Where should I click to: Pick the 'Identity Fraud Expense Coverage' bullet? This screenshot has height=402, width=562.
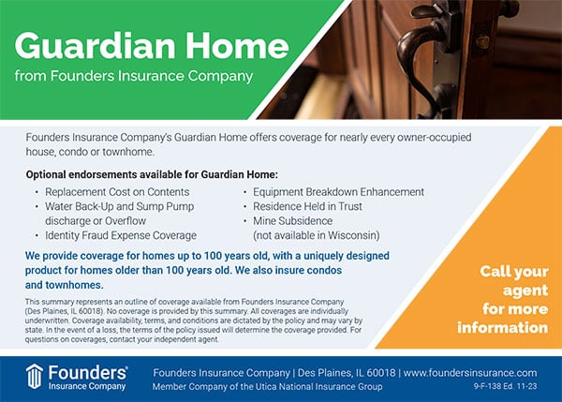(x=121, y=234)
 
